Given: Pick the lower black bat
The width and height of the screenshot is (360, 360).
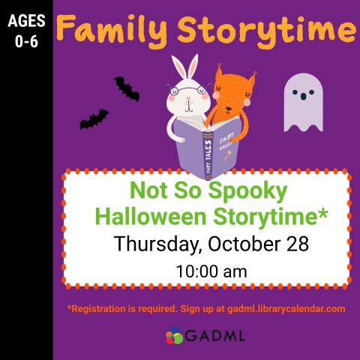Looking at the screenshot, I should click(94, 119).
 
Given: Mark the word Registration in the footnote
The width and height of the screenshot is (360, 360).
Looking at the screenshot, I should click(103, 308).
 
